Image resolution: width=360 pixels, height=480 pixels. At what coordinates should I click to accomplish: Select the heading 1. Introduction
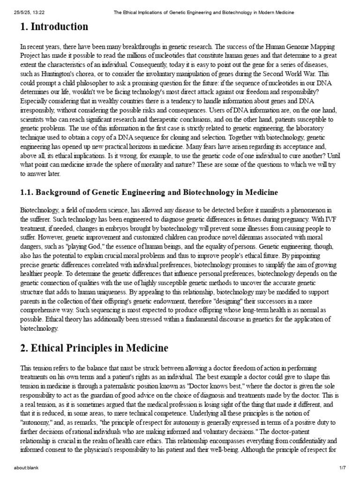point(54,27)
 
